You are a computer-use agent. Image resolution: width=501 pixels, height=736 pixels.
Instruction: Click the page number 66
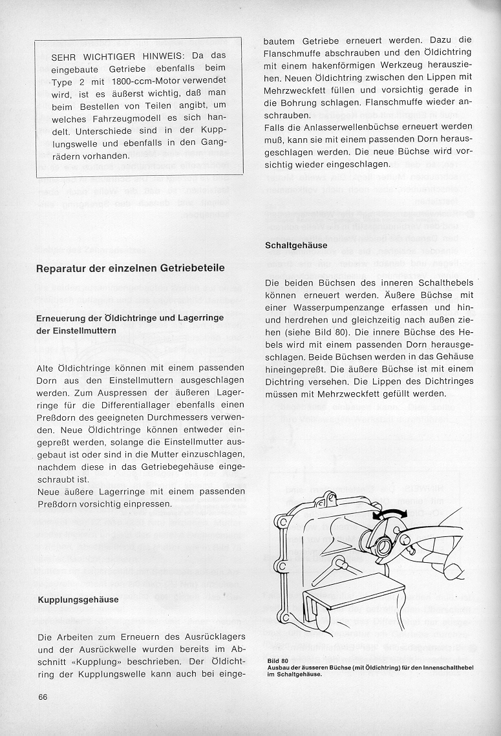(x=43, y=697)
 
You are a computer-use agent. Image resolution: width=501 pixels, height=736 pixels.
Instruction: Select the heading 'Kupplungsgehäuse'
(x=78, y=600)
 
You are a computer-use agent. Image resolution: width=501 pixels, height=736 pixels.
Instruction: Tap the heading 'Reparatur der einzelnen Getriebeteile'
(x=131, y=268)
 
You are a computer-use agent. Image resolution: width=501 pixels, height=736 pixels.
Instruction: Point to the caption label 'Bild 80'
(x=276, y=660)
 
